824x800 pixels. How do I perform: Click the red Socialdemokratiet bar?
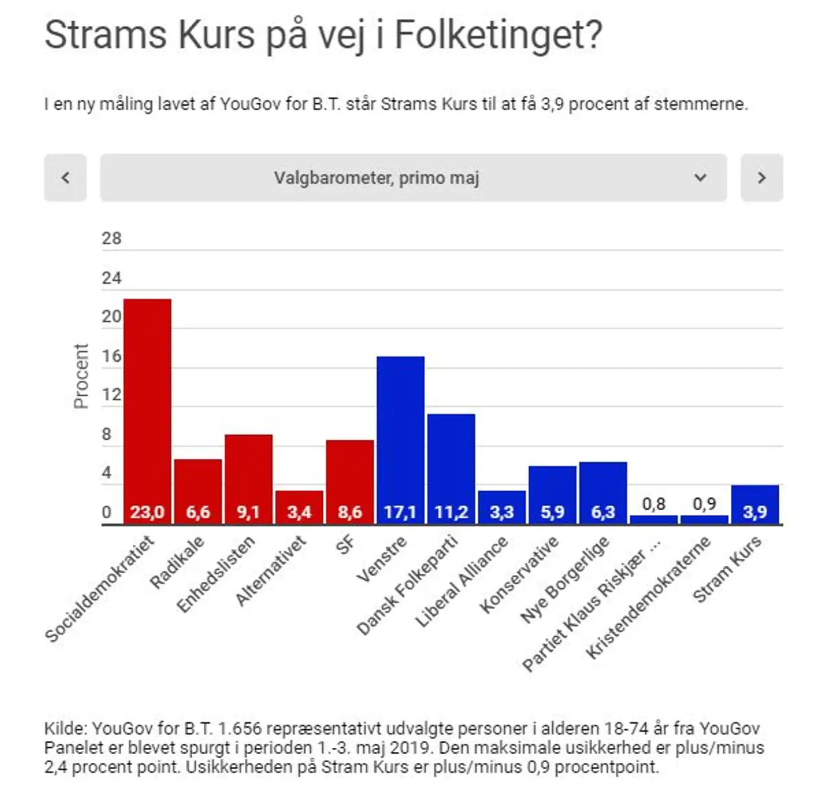[x=147, y=401]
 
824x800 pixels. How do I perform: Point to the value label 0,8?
[x=653, y=504]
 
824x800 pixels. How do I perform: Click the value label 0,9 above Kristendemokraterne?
[x=704, y=504]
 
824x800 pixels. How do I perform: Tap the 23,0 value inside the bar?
[x=147, y=512]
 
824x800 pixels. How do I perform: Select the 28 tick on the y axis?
[x=112, y=238]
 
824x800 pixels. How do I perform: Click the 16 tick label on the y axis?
[x=112, y=356]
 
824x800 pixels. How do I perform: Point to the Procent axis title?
[x=81, y=376]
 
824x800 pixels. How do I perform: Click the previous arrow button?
[x=65, y=178]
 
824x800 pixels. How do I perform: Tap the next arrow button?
[x=762, y=178]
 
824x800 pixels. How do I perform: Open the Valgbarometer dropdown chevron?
[x=700, y=178]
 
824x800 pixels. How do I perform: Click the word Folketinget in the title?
[x=498, y=36]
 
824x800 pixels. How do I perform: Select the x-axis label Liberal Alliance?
[x=461, y=581]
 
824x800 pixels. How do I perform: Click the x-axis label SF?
[x=346, y=545]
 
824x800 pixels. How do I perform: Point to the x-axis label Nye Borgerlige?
[x=564, y=580]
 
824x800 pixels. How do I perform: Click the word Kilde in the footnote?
[x=65, y=728]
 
